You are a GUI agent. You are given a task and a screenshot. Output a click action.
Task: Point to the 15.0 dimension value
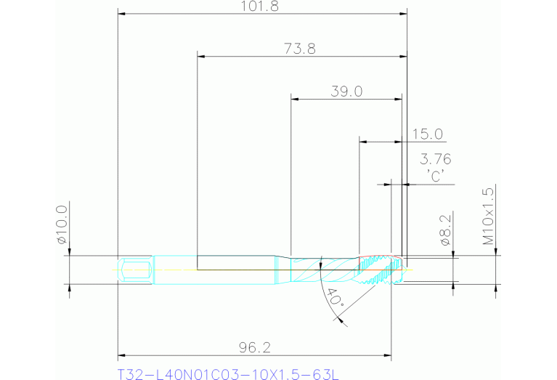(x=428, y=134)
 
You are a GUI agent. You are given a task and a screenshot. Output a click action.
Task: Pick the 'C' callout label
(x=436, y=175)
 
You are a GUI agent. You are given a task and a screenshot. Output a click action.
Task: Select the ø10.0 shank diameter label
(x=62, y=225)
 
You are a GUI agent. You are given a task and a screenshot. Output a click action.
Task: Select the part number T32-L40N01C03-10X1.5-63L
(x=229, y=374)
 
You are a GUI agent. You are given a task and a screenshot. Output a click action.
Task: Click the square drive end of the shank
(x=136, y=270)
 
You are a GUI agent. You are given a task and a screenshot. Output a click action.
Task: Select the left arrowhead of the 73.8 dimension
(x=201, y=56)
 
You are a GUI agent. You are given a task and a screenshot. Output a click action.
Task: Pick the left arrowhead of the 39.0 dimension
(x=294, y=98)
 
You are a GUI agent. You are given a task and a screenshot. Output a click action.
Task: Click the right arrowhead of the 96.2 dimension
(x=388, y=355)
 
